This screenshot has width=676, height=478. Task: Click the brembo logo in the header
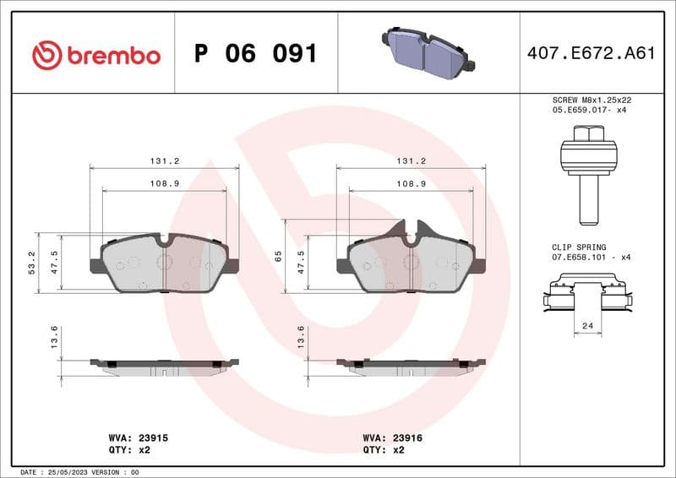[x=95, y=55]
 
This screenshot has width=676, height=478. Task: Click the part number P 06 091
[x=255, y=54]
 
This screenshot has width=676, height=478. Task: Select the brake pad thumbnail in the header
[x=428, y=51]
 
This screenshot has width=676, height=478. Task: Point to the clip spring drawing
[x=586, y=297]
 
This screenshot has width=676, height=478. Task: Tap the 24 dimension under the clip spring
[x=586, y=326]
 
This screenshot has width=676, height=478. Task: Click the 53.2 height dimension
[x=32, y=263]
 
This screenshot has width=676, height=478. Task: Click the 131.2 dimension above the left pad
[x=164, y=160]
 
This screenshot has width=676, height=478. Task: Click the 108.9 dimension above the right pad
[x=411, y=183]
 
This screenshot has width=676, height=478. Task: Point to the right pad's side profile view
[x=411, y=365]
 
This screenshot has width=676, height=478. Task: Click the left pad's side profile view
[x=164, y=365]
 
